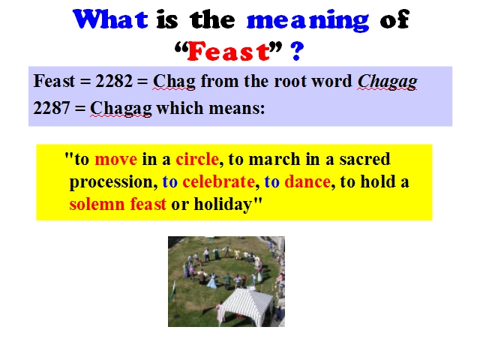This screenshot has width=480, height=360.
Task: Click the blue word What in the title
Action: (x=110, y=19)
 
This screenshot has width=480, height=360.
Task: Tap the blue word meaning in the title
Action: (x=307, y=21)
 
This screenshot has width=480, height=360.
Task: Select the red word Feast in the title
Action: (x=228, y=51)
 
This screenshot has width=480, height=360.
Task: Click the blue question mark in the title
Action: (x=297, y=51)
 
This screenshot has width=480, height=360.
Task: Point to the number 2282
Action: (x=114, y=81)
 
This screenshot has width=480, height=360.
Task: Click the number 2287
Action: (x=52, y=108)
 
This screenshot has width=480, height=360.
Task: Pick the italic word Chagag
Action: (x=388, y=82)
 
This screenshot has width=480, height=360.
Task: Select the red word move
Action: (x=116, y=160)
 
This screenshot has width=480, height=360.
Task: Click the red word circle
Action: (x=197, y=159)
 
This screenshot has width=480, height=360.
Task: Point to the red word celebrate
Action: (x=218, y=181)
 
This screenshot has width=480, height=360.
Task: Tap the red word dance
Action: (x=307, y=181)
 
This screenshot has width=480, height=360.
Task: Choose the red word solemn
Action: (x=97, y=204)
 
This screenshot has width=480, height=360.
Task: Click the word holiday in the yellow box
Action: (x=223, y=205)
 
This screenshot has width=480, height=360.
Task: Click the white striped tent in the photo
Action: (x=247, y=306)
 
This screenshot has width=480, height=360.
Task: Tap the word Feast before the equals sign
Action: (x=54, y=81)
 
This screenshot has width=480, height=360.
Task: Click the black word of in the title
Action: (x=394, y=19)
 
